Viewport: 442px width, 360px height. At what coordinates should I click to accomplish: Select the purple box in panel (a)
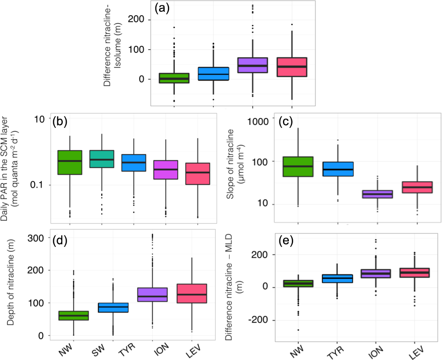[x=252, y=65]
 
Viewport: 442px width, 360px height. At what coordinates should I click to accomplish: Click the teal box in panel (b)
[x=102, y=159]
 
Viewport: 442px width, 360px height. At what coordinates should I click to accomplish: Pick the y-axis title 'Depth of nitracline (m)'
[x=11, y=287]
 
